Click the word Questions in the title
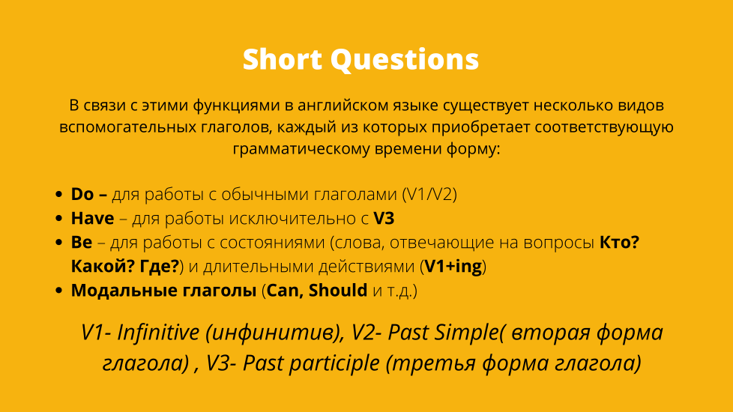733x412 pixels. [x=405, y=60]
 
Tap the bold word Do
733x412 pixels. [x=82, y=194]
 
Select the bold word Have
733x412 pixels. [x=92, y=218]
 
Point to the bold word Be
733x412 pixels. [x=82, y=242]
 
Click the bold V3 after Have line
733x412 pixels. [x=384, y=218]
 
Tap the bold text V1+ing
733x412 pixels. [x=453, y=266]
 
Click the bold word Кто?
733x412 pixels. [x=619, y=242]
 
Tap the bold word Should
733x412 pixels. [x=338, y=291]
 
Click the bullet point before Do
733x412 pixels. [x=58, y=194]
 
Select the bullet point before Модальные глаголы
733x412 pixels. [x=58, y=291]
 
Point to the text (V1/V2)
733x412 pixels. [x=429, y=194]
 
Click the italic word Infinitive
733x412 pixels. [x=158, y=333]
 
